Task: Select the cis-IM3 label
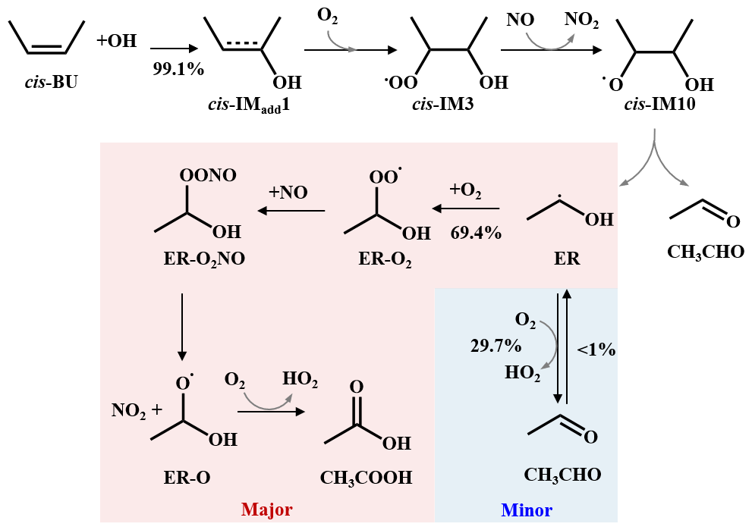[442, 105]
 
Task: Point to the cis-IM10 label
[654, 105]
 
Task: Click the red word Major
[267, 509]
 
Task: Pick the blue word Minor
[527, 510]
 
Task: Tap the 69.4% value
[476, 233]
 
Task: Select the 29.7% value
[496, 346]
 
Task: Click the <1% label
[596, 350]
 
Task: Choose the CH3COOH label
[367, 478]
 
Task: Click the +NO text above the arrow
[288, 193]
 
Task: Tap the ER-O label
[187, 478]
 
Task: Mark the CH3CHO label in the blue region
[562, 475]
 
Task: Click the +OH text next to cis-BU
[116, 41]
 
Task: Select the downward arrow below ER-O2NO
[181, 325]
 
